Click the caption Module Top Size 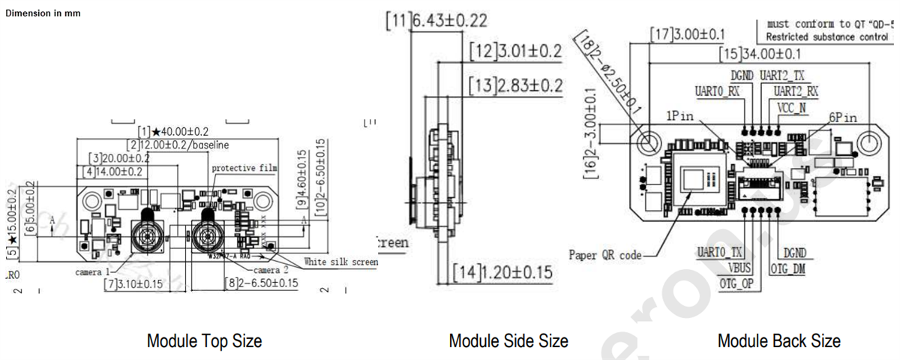[x=204, y=341]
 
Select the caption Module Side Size [x=508, y=341]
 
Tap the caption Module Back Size [x=779, y=341]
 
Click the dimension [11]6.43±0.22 [x=436, y=21]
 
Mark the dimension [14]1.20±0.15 [x=502, y=271]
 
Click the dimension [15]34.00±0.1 [x=769, y=55]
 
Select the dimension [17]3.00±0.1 [x=688, y=34]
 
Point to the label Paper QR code [x=605, y=255]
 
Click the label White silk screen [x=340, y=262]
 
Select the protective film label [x=244, y=168]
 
